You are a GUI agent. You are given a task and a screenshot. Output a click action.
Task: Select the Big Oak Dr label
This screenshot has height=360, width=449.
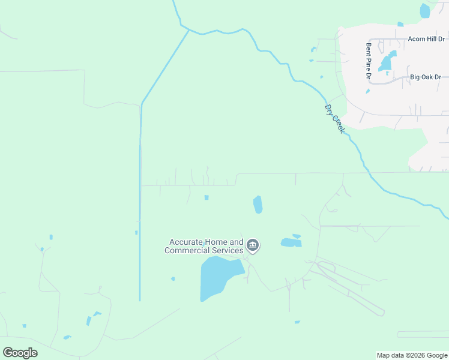(426, 77)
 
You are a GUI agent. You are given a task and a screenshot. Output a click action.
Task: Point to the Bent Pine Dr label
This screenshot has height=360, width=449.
(369, 61)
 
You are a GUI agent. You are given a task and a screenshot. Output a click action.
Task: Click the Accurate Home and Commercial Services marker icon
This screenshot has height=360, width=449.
(253, 245)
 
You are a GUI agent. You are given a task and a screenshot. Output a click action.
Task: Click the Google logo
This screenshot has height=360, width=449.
(20, 353)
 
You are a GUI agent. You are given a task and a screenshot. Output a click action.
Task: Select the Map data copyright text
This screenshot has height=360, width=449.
(411, 355)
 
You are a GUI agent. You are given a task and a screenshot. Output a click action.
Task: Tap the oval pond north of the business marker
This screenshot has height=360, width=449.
(258, 205)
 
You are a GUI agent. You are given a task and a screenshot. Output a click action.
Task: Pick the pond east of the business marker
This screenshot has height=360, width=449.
(291, 242)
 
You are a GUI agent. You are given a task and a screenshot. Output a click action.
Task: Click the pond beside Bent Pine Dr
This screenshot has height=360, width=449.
(388, 61)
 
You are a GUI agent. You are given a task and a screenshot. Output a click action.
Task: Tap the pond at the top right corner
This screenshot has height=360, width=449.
(425, 10)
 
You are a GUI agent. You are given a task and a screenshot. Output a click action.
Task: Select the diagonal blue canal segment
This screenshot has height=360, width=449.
(164, 67)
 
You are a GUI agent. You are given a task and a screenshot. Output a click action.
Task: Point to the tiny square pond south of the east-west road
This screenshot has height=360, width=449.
(206, 197)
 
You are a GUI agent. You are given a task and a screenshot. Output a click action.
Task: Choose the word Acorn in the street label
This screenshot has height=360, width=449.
(417, 38)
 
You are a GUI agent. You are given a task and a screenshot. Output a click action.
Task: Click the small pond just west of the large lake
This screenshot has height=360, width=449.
(173, 278)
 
